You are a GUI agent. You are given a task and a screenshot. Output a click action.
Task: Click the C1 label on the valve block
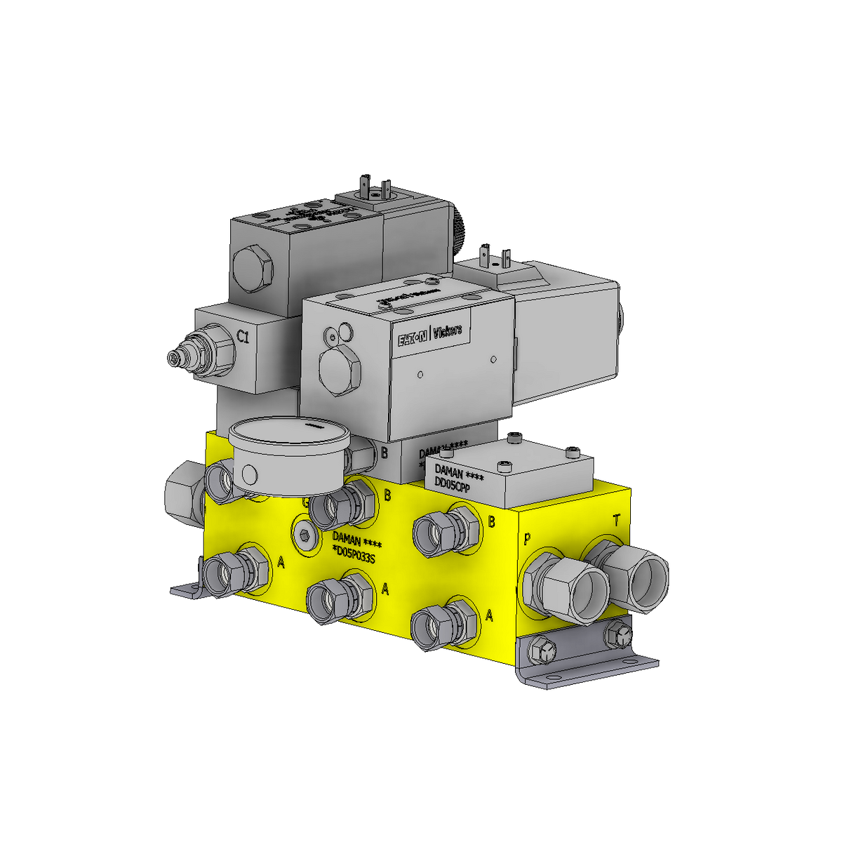243,338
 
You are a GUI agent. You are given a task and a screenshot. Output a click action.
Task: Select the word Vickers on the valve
448,331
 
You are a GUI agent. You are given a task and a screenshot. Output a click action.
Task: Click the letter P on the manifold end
527,539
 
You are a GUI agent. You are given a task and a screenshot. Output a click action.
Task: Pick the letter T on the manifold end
617,520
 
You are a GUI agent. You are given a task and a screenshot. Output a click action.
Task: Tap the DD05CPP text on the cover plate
452,485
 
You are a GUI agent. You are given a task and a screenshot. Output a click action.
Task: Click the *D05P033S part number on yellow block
354,558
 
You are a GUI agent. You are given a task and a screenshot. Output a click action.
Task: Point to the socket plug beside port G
303,536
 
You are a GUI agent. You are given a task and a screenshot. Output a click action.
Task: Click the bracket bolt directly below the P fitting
542,650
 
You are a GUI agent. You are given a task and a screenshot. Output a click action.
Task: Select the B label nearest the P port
491,522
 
